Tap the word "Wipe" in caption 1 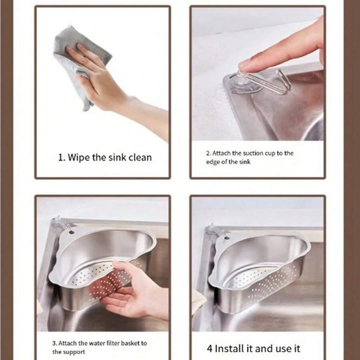coord(79,157)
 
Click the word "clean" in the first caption coord(140,157)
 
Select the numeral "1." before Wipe coord(62,157)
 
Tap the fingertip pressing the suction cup coord(245,64)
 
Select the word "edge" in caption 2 coord(213,162)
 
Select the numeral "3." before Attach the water coord(55,343)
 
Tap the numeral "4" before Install coord(209,348)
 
